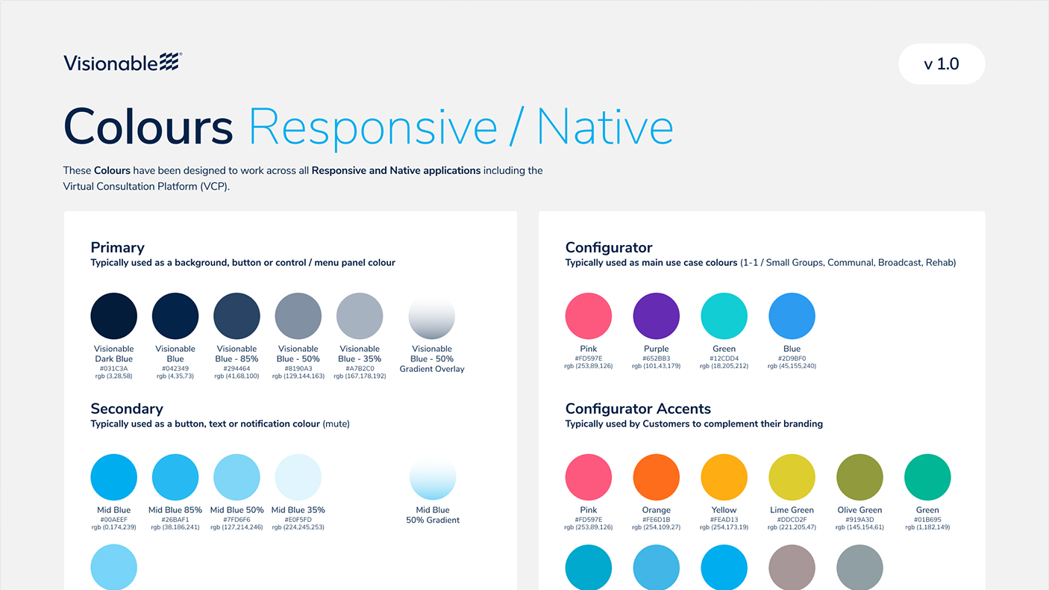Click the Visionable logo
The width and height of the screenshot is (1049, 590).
122,63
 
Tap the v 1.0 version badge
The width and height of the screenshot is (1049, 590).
941,64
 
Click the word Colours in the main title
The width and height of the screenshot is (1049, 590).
148,127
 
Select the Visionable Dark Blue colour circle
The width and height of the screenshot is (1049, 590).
114,316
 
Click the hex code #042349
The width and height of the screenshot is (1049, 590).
175,368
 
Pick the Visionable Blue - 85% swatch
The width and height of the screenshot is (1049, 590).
237,316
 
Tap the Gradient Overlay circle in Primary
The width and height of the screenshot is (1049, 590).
432,316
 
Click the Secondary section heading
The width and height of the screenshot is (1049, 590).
127,409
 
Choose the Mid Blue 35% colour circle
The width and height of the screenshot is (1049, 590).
298,477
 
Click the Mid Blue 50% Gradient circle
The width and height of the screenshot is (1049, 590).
432,477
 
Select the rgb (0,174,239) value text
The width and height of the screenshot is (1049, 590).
114,527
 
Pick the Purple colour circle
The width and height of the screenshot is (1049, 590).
657,316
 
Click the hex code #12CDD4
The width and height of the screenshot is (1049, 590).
724,358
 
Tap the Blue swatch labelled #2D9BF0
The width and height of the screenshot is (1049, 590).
792,316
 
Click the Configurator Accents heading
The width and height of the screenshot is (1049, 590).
638,409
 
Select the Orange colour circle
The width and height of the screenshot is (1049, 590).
657,477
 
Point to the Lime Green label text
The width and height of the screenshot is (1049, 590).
792,510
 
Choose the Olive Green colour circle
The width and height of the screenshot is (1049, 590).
859,477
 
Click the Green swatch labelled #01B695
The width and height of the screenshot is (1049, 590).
927,477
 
